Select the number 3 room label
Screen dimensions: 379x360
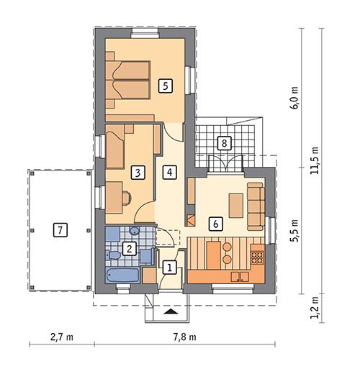136,173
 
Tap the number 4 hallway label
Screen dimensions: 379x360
168,173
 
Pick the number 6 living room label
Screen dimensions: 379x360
214,224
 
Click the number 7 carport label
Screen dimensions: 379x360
60,231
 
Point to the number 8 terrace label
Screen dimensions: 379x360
225,143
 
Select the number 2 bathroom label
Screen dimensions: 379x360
129,249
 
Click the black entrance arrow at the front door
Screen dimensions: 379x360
170,312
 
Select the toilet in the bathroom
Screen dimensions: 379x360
113,255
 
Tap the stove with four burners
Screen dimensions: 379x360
258,255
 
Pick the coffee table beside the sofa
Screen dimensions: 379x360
236,205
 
